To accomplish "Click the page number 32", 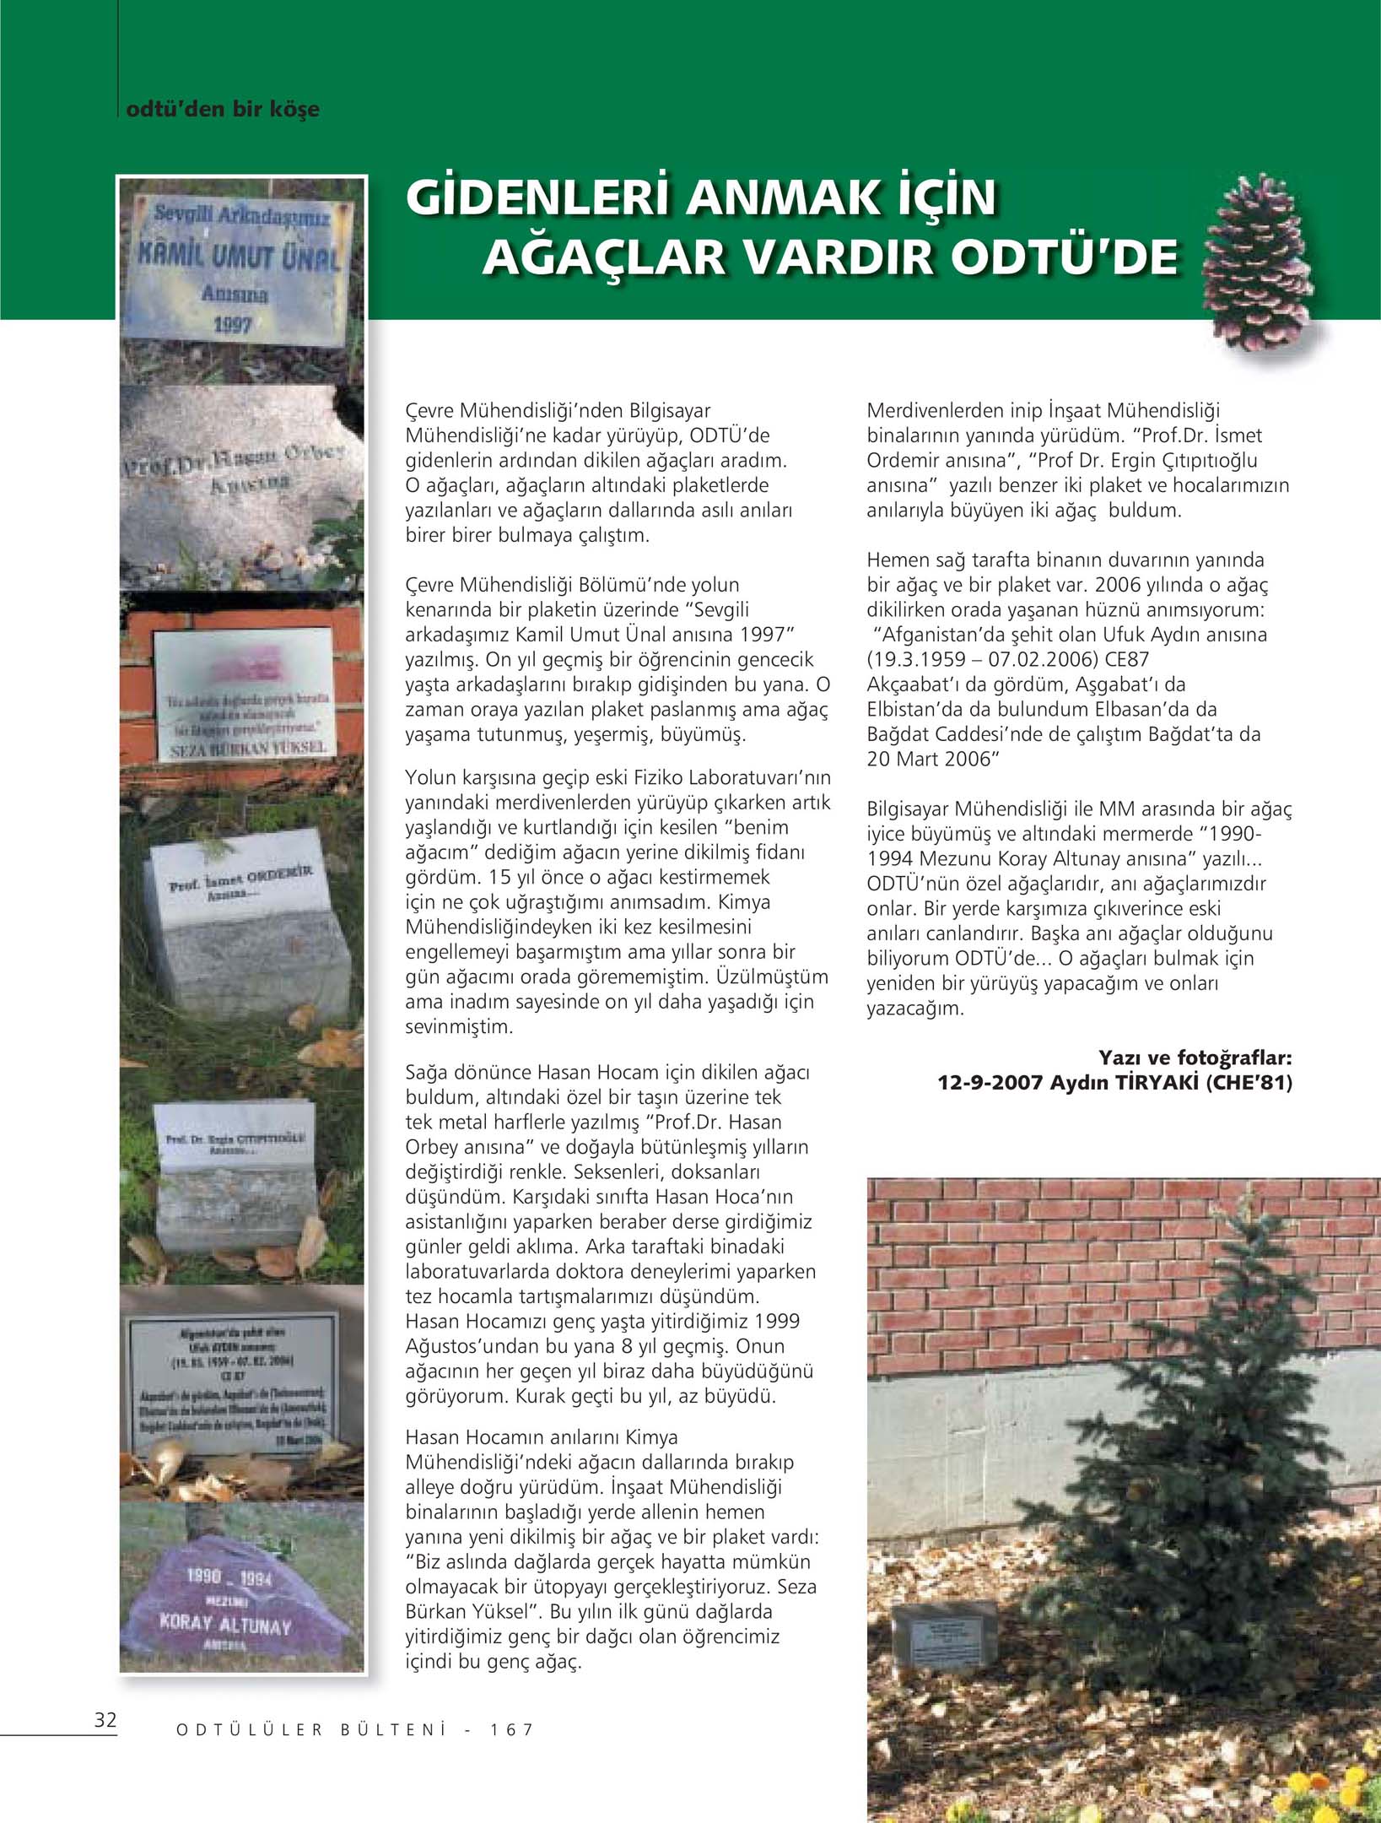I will click(x=105, y=1719).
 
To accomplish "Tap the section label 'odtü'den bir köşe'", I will click(x=222, y=109).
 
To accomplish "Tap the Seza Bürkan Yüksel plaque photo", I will click(x=245, y=694).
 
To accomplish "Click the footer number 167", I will click(x=512, y=1729).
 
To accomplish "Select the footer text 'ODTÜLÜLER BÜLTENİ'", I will click(x=310, y=1729).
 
